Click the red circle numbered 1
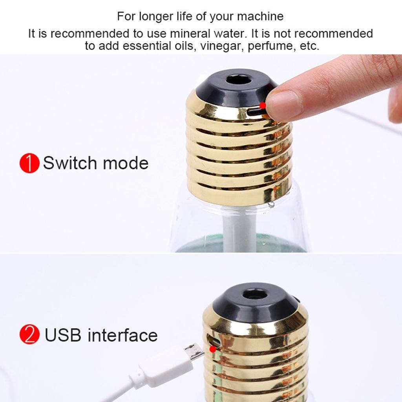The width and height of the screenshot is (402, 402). click(x=29, y=163)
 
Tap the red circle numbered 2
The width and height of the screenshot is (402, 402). click(x=29, y=334)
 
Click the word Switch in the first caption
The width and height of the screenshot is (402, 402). click(x=70, y=163)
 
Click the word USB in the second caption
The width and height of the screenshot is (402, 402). click(x=63, y=335)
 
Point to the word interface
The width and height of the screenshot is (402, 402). click(x=122, y=335)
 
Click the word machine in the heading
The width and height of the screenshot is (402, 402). click(x=260, y=16)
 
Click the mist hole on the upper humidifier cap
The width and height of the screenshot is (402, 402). click(x=239, y=80)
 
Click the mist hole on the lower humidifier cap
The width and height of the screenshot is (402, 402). click(x=255, y=294)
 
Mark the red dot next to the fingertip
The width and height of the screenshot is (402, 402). click(x=263, y=105)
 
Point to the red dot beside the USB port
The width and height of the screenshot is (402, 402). click(x=212, y=349)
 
